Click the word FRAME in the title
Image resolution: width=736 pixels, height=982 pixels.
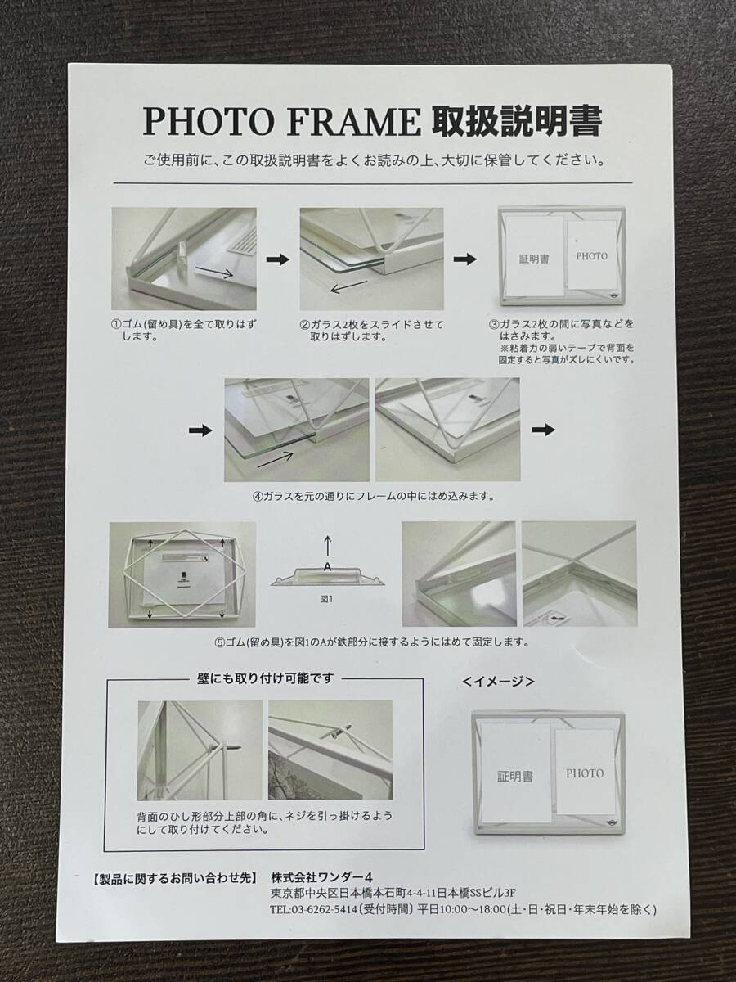[x=353, y=122]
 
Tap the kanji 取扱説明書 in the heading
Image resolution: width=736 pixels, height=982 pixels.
[x=517, y=121]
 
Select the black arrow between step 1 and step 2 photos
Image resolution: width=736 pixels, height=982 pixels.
[x=278, y=259]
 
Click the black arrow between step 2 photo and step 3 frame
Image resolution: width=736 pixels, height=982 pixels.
[x=465, y=259]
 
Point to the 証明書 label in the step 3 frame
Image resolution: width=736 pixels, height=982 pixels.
[x=535, y=259]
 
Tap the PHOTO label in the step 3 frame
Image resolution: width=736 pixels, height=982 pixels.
[x=591, y=256]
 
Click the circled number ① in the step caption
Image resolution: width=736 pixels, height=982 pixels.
[x=116, y=324]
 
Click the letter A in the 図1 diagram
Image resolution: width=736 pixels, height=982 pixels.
[x=328, y=566]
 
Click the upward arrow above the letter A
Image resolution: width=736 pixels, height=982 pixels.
[x=328, y=547]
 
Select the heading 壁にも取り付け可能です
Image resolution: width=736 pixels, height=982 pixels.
[x=266, y=678]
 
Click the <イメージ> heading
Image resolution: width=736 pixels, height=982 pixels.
[x=499, y=682]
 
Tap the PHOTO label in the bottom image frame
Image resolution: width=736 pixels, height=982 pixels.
[x=585, y=773]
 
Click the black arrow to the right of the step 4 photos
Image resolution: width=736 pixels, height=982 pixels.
[x=543, y=430]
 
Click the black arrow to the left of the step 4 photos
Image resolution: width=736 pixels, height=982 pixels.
[x=200, y=430]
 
